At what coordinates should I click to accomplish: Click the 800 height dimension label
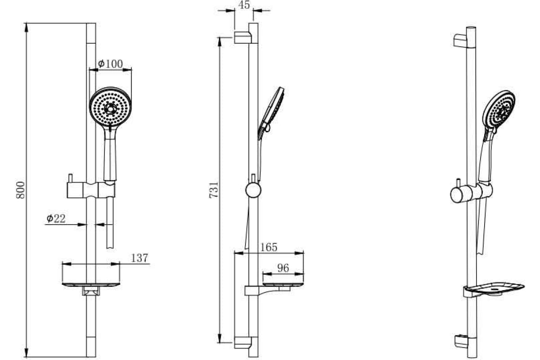(21, 190)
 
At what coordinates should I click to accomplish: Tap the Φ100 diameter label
(110, 63)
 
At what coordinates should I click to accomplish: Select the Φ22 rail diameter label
(56, 218)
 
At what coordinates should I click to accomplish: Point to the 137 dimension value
(139, 258)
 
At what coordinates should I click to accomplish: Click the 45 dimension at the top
(244, 5)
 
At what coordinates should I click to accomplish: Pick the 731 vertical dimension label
(214, 190)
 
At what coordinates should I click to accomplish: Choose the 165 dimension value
(269, 247)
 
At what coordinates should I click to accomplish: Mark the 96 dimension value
(283, 268)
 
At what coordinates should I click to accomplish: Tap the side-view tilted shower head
(272, 112)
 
